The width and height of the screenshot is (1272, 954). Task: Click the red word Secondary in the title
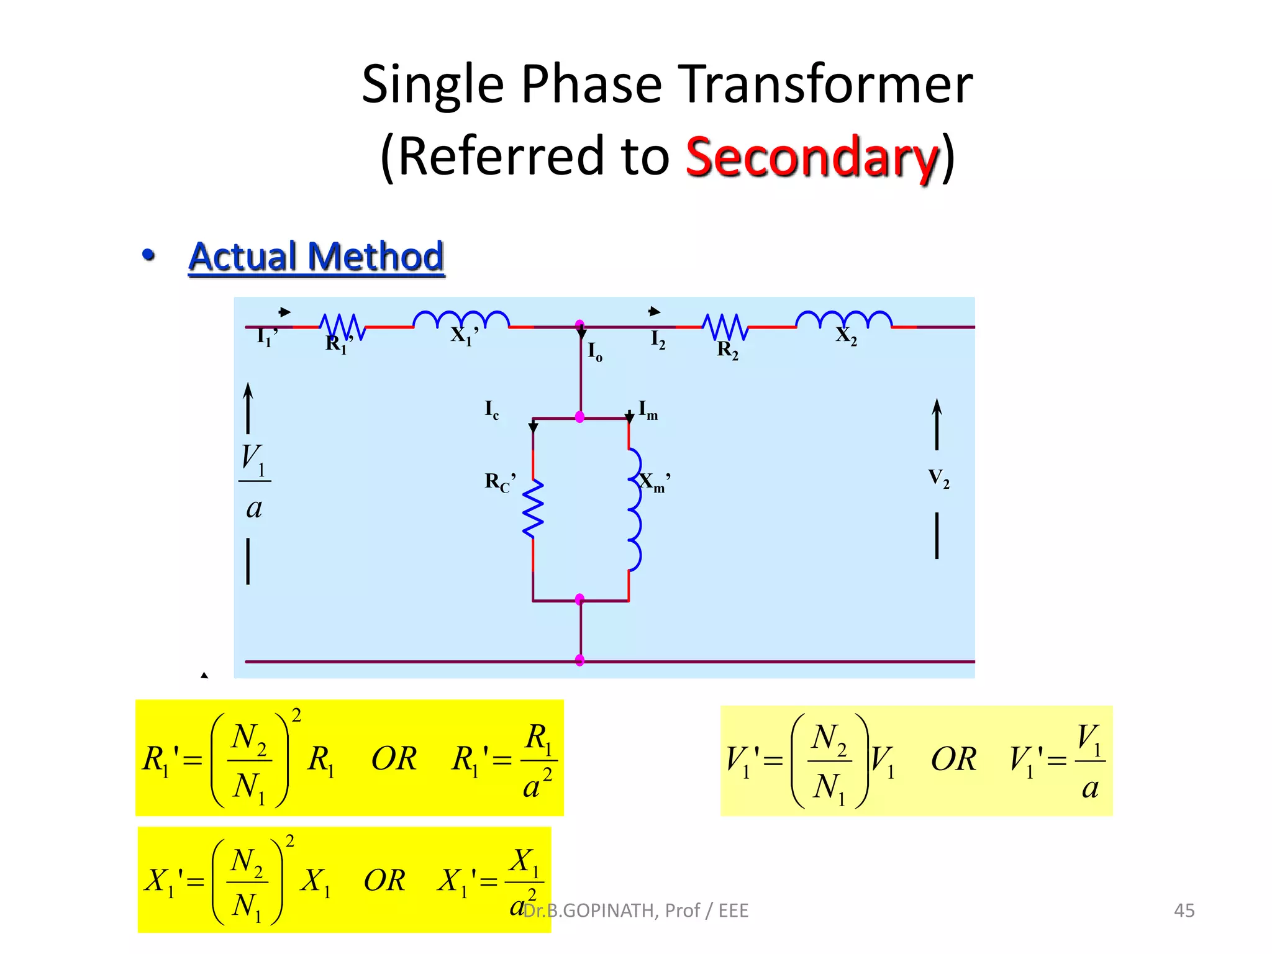812,157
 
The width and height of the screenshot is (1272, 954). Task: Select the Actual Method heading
316,257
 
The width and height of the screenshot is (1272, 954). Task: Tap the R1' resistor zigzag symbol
342,326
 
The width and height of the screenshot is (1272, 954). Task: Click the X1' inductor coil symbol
461,319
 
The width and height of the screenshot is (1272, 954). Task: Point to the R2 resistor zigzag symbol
725,326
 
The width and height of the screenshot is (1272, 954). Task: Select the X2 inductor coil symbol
843,319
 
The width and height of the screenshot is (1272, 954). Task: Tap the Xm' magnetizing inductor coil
634,509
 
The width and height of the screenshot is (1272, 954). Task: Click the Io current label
594,352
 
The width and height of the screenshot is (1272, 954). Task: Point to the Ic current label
491,410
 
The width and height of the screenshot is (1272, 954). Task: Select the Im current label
648,410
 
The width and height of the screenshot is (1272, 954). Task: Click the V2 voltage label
938,478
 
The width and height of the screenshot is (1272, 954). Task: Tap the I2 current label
658,340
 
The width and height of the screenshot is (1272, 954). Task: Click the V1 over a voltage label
253,481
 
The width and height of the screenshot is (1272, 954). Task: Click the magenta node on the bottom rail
580,660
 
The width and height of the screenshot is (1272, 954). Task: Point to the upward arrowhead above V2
937,407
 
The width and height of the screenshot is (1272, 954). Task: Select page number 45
1184,911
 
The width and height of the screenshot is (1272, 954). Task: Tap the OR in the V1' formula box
953,760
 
